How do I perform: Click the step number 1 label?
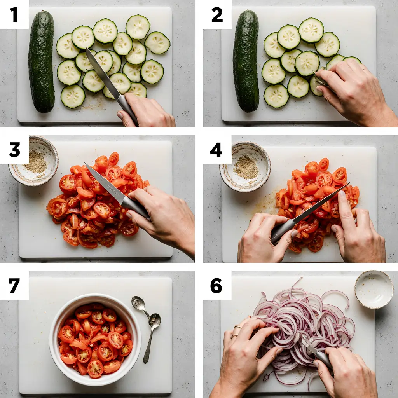coord(14,15)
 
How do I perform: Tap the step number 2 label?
coord(217,15)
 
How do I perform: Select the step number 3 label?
coord(14,150)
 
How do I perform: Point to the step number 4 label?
coord(216,150)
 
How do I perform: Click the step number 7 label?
coord(14,286)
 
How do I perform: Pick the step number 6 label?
coord(216,286)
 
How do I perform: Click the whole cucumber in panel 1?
coord(41,62)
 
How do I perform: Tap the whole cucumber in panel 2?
coord(246,61)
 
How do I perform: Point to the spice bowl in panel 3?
coord(33,161)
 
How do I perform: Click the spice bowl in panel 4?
coord(245,166)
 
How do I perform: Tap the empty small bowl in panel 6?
coord(374,289)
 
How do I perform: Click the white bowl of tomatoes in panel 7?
coord(95,340)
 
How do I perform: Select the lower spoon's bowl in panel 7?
coord(155,321)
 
